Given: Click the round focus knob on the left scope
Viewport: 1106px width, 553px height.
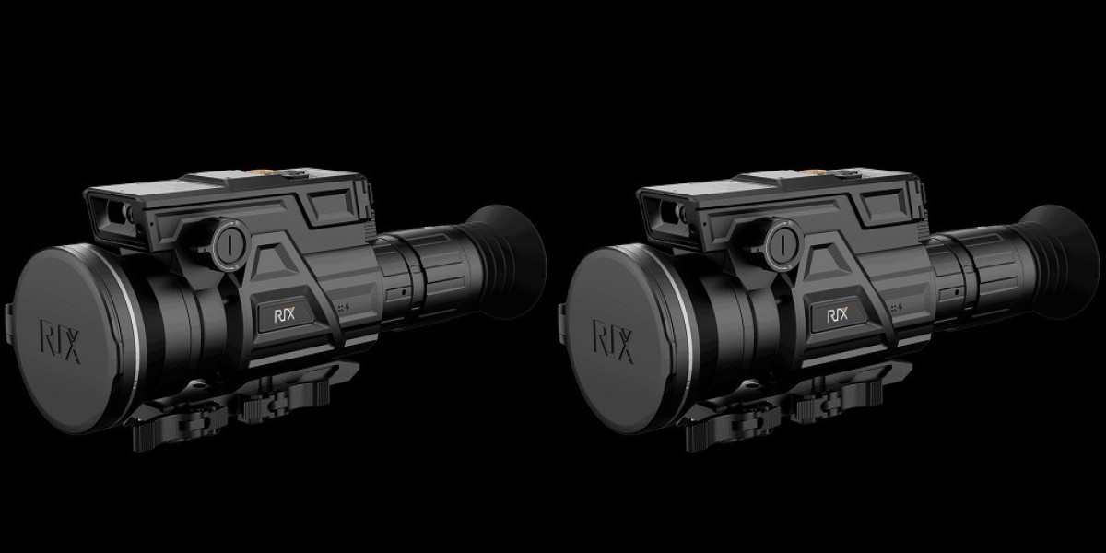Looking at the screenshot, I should [227, 242].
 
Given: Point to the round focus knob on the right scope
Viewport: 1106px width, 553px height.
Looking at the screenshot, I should [780, 242].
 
